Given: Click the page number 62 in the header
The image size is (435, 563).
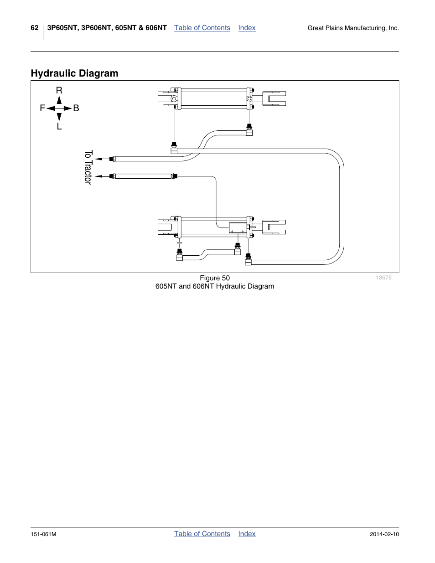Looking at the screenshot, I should (35, 28).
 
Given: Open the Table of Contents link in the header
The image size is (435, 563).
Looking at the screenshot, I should (202, 28).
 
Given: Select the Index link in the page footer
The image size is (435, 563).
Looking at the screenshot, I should (247, 534).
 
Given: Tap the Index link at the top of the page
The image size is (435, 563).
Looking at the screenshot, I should (247, 28).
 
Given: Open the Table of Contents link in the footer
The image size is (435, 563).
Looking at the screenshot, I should (202, 534).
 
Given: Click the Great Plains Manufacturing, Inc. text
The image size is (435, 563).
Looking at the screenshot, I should (353, 28).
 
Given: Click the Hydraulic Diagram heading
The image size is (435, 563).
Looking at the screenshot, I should (74, 73).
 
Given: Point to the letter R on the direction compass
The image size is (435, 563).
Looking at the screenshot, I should (59, 91).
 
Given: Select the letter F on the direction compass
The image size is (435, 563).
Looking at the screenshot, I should (42, 108).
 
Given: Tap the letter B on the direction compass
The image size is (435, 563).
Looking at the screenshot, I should (76, 108).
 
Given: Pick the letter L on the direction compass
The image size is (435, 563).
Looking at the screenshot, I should (59, 127).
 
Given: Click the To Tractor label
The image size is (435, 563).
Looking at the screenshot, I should (88, 167).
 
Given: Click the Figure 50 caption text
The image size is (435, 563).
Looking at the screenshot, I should (215, 278).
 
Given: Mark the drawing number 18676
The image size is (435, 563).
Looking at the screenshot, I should (383, 278).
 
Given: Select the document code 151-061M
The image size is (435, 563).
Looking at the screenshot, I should (43, 534).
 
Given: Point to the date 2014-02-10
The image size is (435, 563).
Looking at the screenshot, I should (384, 534).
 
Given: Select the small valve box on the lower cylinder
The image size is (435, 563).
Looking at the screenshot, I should (238, 227).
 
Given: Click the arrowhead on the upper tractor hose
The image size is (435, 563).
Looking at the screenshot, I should (98, 159).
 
